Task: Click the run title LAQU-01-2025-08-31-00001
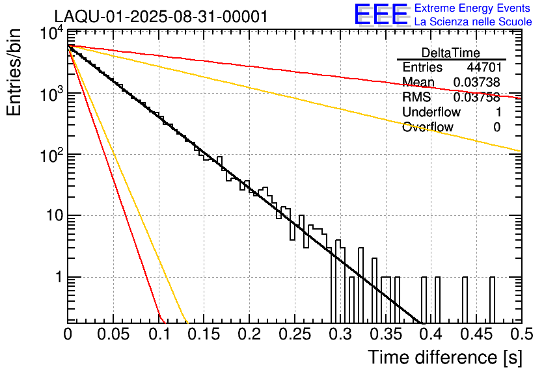click(x=161, y=16)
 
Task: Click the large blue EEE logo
click(x=381, y=15)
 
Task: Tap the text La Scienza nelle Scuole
click(x=473, y=22)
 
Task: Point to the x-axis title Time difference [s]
click(x=444, y=357)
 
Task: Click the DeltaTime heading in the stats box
click(x=451, y=53)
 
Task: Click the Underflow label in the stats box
click(x=431, y=112)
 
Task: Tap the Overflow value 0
click(x=496, y=127)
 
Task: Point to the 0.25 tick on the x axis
click(x=295, y=334)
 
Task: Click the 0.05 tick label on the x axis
click(x=114, y=334)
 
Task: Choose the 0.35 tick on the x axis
click(x=385, y=334)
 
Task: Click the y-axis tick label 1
click(x=58, y=278)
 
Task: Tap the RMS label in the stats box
click(x=416, y=98)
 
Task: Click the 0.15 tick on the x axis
click(x=204, y=334)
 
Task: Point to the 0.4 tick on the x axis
click(x=430, y=334)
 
